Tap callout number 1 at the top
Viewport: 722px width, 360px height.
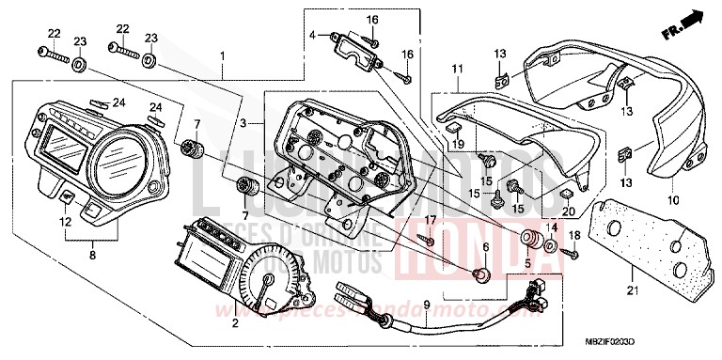(x=222, y=55)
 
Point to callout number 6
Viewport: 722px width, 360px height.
(x=485, y=246)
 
